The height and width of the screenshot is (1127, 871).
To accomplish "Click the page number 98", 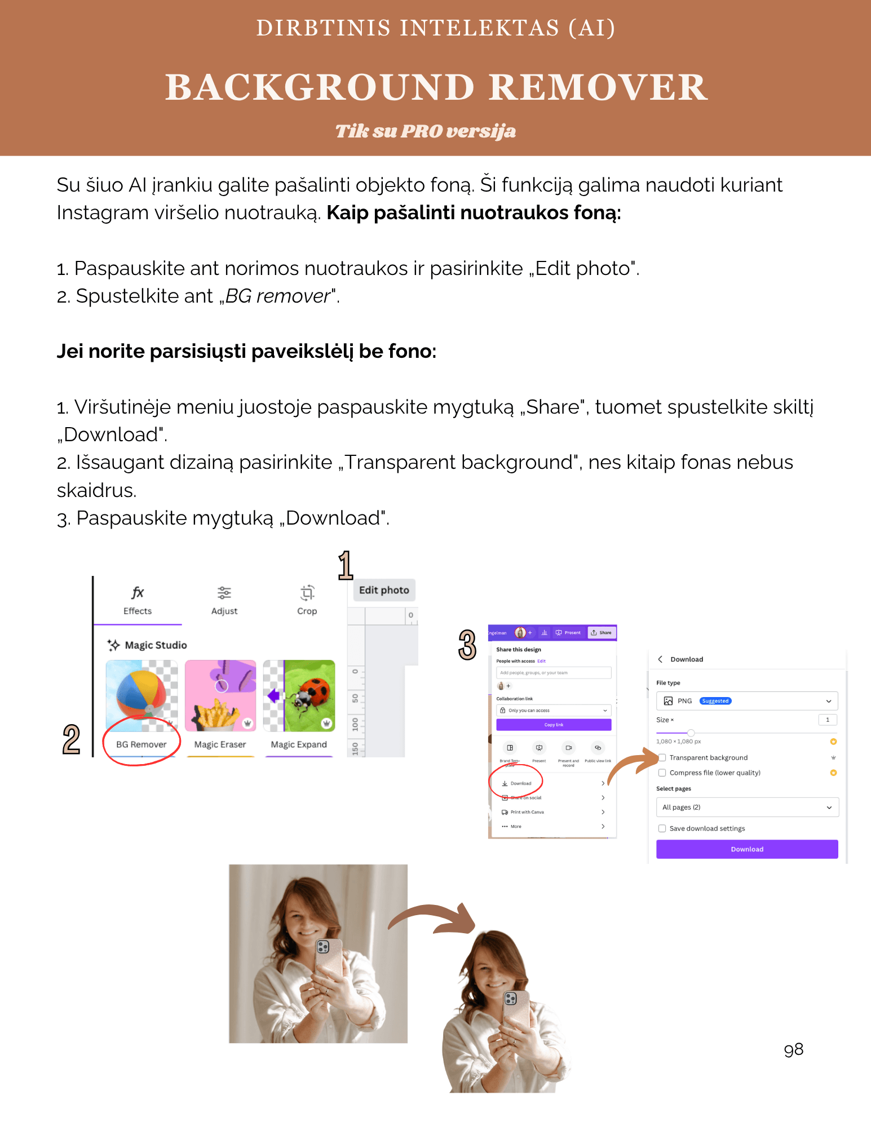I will point(793,1049).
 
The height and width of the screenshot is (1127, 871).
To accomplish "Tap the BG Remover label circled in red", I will point(141,744).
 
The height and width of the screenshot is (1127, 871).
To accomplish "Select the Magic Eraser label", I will point(220,744).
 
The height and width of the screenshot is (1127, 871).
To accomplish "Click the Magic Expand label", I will point(299,744).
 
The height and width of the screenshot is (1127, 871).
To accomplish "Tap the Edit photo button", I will point(384,590).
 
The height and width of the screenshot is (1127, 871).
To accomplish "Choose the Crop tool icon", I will point(307,593).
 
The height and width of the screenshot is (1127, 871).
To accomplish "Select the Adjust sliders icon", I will point(224,593).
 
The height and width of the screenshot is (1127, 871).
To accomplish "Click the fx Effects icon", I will point(138,593).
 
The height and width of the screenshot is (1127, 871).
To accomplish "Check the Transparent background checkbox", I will point(662,757).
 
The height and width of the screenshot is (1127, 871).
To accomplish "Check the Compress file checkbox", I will point(662,773).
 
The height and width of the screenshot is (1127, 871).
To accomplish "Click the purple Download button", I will point(747,849).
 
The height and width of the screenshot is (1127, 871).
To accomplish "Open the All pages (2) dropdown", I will point(747,807).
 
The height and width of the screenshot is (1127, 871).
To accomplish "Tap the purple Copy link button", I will point(554,725).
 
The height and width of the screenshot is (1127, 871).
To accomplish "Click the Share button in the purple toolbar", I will point(602,632).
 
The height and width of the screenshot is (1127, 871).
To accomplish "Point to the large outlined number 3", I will point(467,645).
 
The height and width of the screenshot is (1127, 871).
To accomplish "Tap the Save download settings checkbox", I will point(662,828).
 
